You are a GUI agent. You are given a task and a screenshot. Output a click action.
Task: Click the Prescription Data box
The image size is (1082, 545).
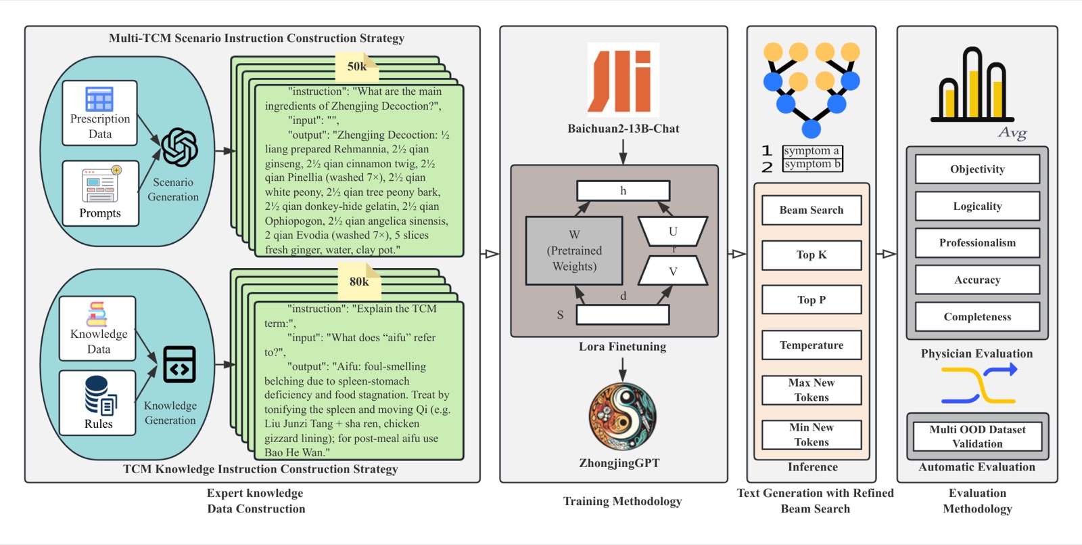click(99, 113)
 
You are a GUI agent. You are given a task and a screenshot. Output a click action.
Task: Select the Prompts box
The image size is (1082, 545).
click(101, 194)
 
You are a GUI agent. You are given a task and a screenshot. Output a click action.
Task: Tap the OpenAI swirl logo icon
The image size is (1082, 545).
click(180, 148)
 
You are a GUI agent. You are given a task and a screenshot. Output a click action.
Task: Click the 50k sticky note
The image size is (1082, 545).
click(357, 67)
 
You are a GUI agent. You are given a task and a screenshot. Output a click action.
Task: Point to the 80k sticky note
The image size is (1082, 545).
click(359, 282)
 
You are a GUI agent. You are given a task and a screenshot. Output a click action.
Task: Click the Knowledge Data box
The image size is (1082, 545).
click(97, 328)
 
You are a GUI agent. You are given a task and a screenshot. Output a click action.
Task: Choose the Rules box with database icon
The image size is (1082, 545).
click(97, 403)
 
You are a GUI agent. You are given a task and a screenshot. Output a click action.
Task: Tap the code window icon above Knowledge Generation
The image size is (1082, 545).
click(180, 364)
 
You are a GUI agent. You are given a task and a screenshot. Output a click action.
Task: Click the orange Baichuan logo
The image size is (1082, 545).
click(623, 80)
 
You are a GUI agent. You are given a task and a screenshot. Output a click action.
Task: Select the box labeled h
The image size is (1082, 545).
click(623, 190)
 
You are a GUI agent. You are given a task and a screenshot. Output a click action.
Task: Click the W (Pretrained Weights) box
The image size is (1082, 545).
click(574, 250)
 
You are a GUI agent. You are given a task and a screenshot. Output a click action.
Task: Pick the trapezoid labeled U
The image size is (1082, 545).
click(673, 231)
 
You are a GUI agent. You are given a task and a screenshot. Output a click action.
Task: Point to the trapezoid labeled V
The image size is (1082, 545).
click(673, 270)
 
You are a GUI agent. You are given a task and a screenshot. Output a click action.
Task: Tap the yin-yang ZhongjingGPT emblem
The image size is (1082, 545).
click(623, 416)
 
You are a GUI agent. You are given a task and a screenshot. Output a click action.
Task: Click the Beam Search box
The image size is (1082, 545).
click(811, 210)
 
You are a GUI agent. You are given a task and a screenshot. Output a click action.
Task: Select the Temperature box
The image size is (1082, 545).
click(811, 345)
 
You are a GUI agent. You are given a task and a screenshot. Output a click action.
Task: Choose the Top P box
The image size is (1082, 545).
click(811, 300)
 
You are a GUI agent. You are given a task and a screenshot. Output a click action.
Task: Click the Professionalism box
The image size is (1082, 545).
click(977, 243)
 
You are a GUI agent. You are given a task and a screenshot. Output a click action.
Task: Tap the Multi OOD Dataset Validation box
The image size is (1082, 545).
click(977, 436)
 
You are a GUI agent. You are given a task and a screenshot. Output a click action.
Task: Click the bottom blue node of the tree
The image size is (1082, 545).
click(811, 129)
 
